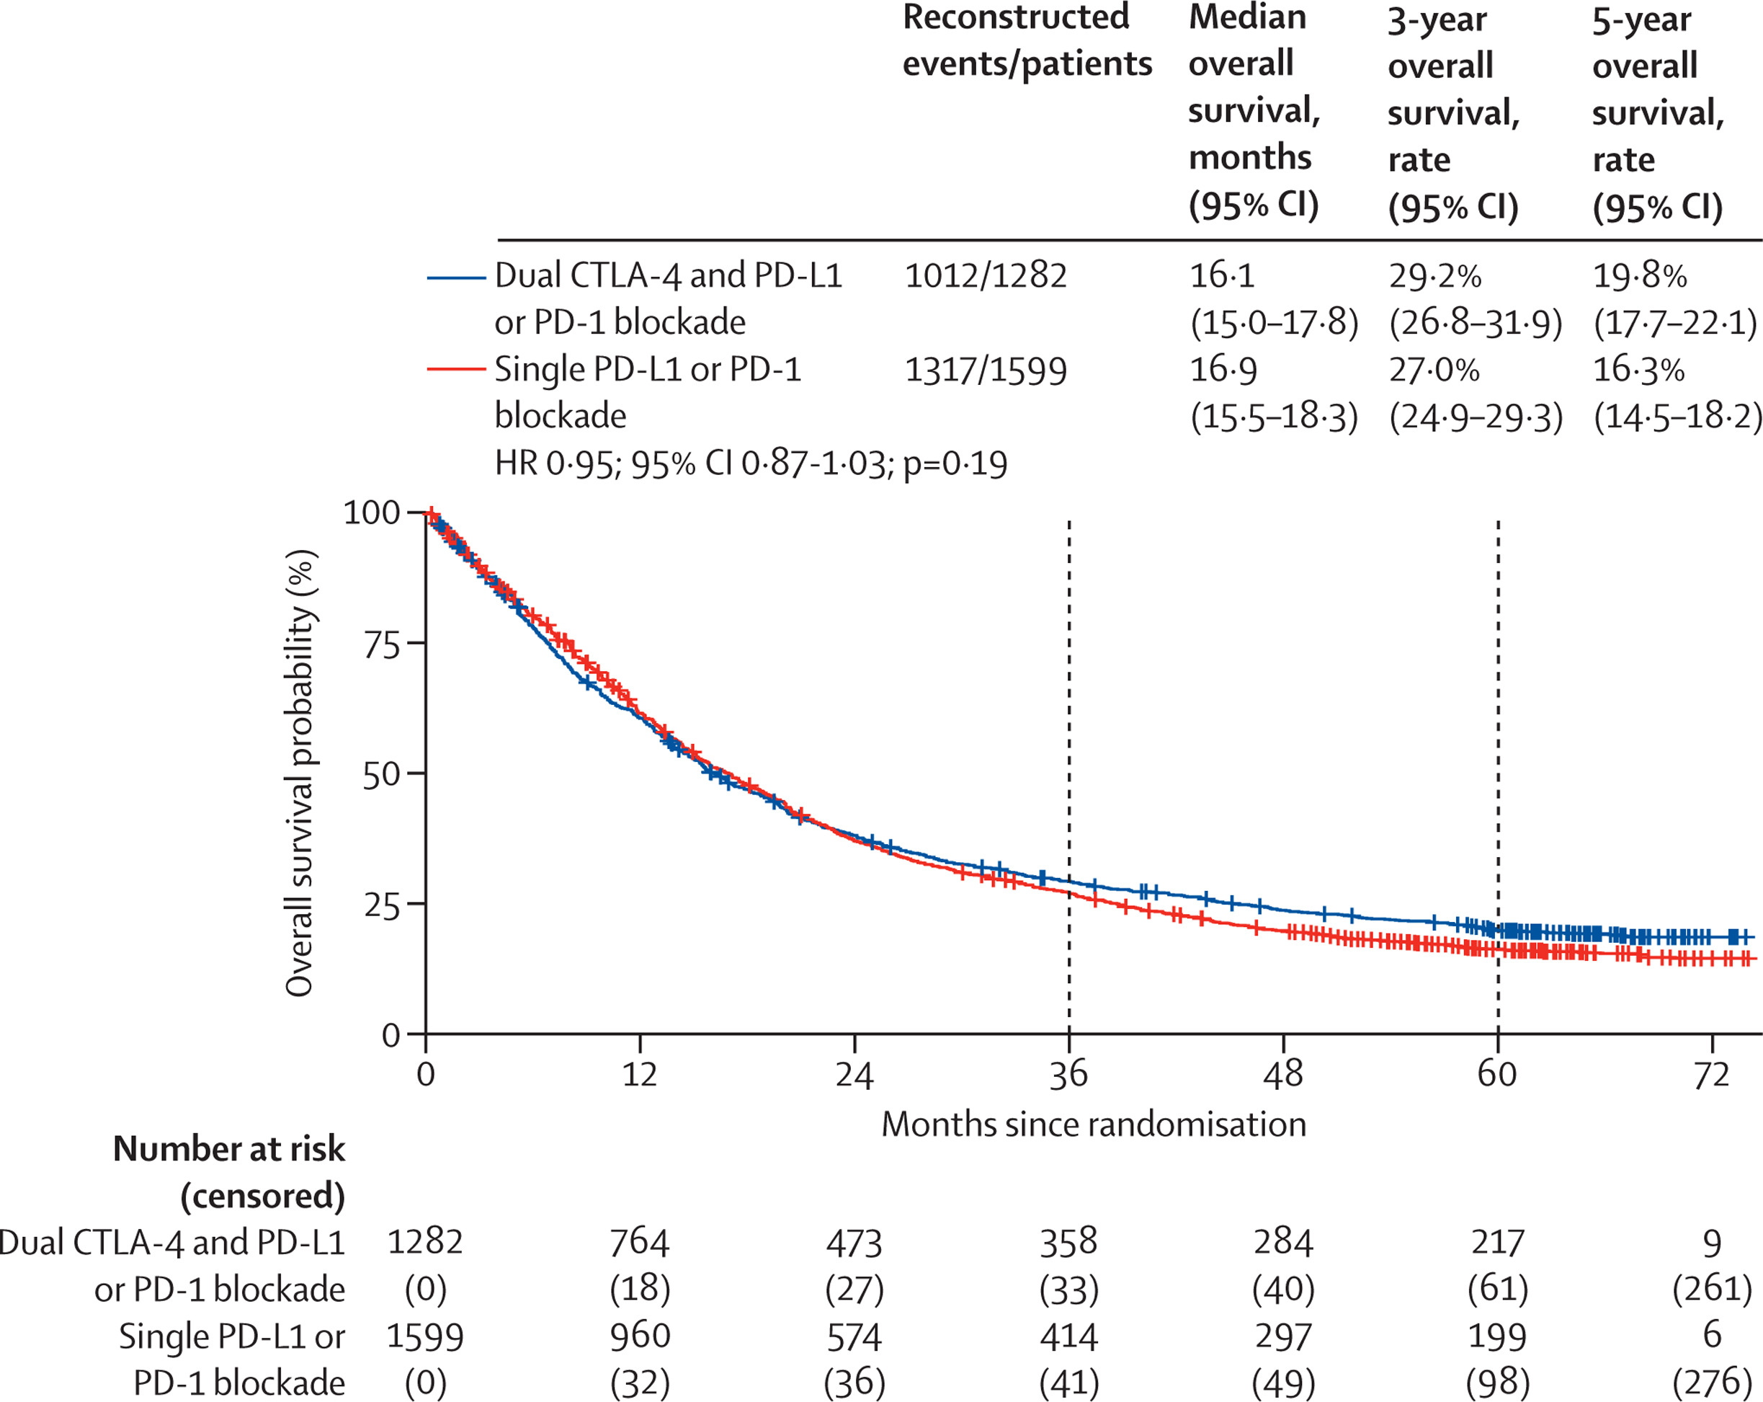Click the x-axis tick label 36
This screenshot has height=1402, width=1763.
point(1068,1074)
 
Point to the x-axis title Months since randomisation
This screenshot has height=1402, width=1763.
point(1093,1124)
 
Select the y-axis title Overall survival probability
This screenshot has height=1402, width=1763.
point(300,773)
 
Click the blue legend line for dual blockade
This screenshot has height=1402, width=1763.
point(456,278)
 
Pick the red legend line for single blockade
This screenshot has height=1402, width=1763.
point(456,370)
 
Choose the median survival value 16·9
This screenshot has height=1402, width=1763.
point(1223,370)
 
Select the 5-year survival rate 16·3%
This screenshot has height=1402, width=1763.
point(1638,370)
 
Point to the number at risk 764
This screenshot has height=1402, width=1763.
point(640,1243)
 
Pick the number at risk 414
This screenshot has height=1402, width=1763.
point(1068,1337)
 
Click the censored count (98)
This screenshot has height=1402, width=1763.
point(1497,1384)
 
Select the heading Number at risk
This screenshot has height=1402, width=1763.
point(229,1149)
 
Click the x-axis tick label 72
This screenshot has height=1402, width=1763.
point(1711,1074)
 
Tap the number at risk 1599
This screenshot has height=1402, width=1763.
point(424,1337)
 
